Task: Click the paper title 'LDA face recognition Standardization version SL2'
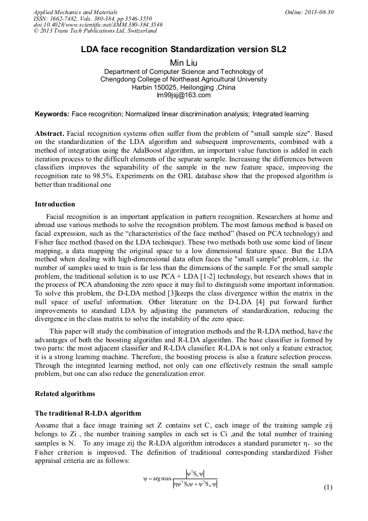(183, 49)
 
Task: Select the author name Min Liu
(183, 62)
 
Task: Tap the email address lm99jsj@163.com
(183, 95)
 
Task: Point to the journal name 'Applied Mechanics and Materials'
(75, 11)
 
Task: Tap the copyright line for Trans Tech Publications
(101, 31)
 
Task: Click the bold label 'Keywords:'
(52, 115)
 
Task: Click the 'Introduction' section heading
(55, 204)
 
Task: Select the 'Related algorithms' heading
(65, 393)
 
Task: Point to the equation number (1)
(327, 487)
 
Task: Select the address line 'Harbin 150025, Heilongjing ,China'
(183, 87)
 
